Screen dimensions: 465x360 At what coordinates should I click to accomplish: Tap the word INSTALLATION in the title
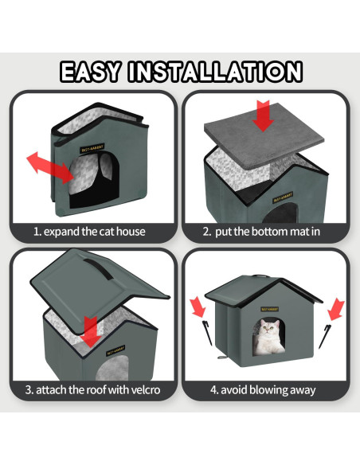(214, 72)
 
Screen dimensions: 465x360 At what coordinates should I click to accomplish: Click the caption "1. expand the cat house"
(89, 232)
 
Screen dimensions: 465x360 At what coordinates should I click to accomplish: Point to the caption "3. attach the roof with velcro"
(92, 390)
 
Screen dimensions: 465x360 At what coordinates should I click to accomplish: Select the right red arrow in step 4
(336, 309)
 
